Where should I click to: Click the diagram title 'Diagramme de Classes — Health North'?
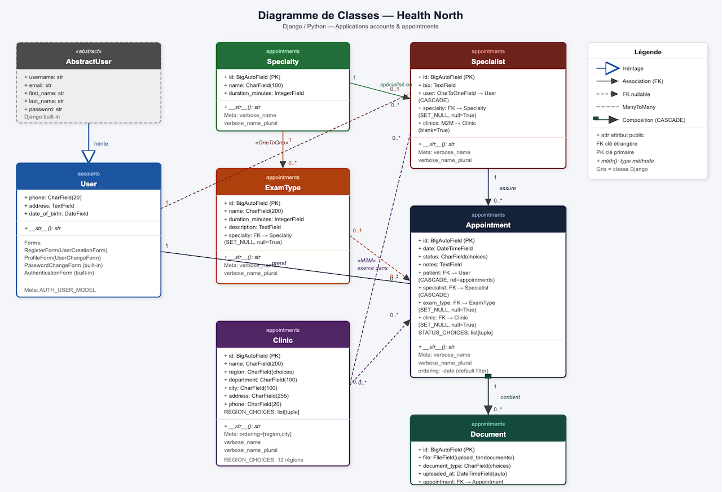pos(361,15)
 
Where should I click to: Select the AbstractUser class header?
pos(89,61)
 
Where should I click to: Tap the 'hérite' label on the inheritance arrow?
pos(101,144)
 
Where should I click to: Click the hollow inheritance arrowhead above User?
pos(89,156)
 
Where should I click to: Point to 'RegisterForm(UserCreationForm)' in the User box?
pos(65,250)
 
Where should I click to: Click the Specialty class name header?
pos(283,61)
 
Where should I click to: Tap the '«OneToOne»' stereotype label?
pos(271,143)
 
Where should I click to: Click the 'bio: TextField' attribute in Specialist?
pos(437,85)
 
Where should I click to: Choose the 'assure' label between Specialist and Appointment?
pos(508,188)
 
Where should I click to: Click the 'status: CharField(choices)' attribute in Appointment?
pos(453,257)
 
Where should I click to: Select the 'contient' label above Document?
pos(510,397)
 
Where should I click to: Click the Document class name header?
pos(488,434)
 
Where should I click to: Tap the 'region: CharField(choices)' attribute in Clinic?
pos(259,372)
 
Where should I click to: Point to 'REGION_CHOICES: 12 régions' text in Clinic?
pos(263,460)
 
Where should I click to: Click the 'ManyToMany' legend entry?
pos(639,107)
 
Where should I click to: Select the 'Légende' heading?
pos(648,52)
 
